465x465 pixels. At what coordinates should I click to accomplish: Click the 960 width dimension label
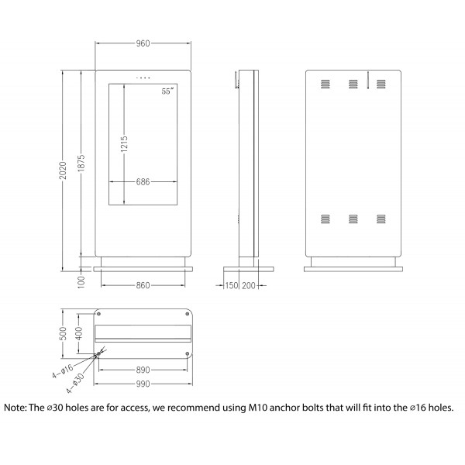point(143,43)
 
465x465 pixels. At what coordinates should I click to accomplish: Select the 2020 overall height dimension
point(63,170)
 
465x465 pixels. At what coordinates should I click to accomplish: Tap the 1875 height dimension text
point(81,163)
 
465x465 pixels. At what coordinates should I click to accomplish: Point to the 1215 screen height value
point(124,144)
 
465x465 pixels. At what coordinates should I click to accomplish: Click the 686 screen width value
point(143,182)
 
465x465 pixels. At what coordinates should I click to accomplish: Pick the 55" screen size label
point(168,91)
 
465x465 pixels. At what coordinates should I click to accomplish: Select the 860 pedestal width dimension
point(143,285)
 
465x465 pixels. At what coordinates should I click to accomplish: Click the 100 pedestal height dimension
point(81,282)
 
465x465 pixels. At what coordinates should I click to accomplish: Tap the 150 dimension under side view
point(232,285)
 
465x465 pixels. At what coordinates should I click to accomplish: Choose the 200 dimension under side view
point(249,285)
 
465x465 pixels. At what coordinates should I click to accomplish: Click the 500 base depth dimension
point(64,333)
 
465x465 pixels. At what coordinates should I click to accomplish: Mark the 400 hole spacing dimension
point(80,333)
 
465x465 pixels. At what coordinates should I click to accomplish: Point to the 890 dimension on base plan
point(143,370)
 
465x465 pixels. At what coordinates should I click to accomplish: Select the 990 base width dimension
point(143,384)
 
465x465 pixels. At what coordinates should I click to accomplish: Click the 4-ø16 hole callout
point(63,371)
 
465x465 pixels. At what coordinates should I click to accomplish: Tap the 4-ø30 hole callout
point(75,383)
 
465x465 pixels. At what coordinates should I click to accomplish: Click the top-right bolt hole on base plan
point(187,314)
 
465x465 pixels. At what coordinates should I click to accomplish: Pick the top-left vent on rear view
point(325,84)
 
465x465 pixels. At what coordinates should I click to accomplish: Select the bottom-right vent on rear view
point(381,219)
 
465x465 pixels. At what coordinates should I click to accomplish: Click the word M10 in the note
point(258,408)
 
